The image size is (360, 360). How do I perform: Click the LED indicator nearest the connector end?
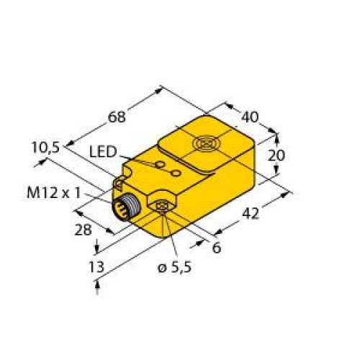point(156,165)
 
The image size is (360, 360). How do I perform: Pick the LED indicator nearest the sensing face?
point(175,173)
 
